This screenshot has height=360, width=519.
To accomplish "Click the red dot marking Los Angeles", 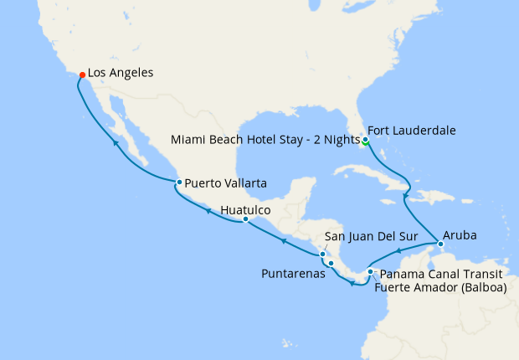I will point(82,75).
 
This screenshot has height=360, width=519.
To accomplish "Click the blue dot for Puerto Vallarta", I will point(178,183).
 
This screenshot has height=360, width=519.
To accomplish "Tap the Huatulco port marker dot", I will point(245,219).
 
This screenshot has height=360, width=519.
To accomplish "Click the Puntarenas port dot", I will point(331,265).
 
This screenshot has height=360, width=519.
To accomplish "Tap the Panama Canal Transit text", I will point(442,274).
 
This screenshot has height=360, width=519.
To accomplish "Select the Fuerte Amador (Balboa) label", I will point(440,288).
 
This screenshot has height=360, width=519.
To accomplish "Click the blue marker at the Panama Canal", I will point(370,272).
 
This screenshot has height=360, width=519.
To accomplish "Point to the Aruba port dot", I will point(440,244).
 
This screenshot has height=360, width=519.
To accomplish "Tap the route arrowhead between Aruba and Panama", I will point(399,250).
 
